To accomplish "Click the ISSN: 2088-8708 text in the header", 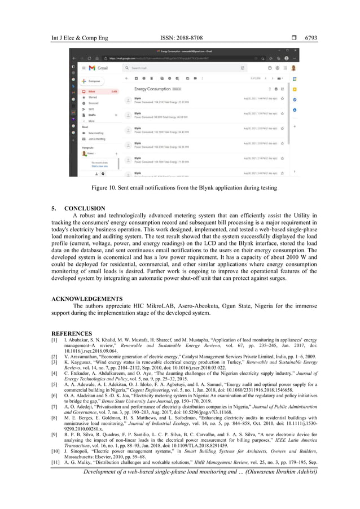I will click(180, 38).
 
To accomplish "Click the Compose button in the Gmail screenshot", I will click(93, 81).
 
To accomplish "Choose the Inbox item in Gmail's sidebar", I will click(92, 91).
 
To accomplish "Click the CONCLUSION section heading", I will click(88, 208).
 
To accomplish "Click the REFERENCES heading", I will click(72, 334).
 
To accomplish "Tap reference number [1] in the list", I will click(54, 341).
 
